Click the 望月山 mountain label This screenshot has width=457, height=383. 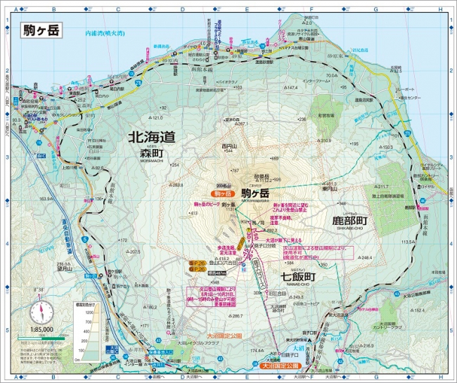tap(65, 268)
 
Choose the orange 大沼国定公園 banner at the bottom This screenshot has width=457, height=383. tap(281, 365)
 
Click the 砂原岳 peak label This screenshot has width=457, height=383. tap(262, 176)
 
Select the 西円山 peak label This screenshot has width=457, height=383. tap(228, 146)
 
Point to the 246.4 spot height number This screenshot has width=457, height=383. tap(365, 258)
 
